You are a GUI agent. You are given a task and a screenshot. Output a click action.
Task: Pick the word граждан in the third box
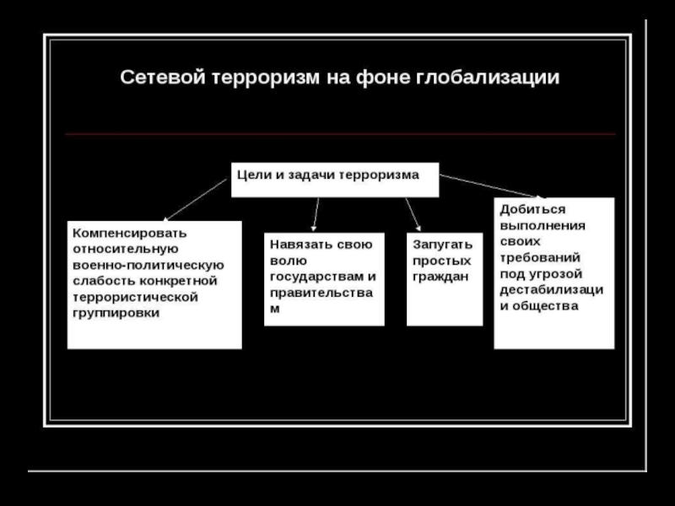pyautogui.click(x=440, y=276)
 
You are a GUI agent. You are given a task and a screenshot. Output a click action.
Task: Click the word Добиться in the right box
pyautogui.click(x=532, y=207)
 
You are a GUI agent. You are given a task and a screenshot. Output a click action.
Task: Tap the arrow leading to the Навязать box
pyautogui.click(x=316, y=213)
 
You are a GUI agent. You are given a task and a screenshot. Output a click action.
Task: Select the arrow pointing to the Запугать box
pyautogui.click(x=413, y=213)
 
